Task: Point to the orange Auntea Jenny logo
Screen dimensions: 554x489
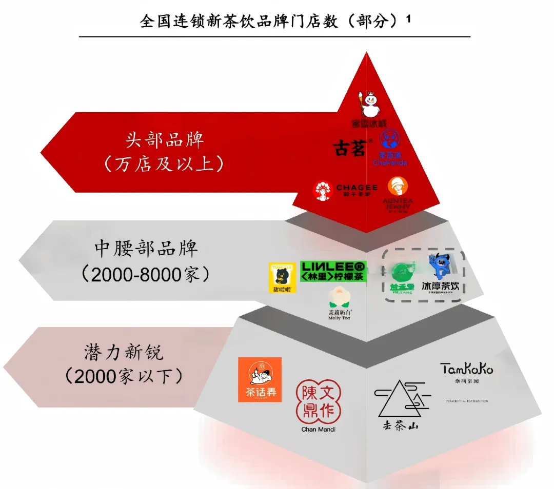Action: tap(398, 187)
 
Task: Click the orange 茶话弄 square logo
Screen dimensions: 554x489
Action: tap(260, 379)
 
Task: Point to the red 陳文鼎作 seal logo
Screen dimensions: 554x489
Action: tap(318, 402)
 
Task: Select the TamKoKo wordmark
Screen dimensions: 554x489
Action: tap(466, 369)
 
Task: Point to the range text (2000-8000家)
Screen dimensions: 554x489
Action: tap(146, 275)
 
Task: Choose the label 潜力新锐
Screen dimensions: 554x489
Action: tap(124, 352)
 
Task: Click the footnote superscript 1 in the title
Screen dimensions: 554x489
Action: tap(409, 19)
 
